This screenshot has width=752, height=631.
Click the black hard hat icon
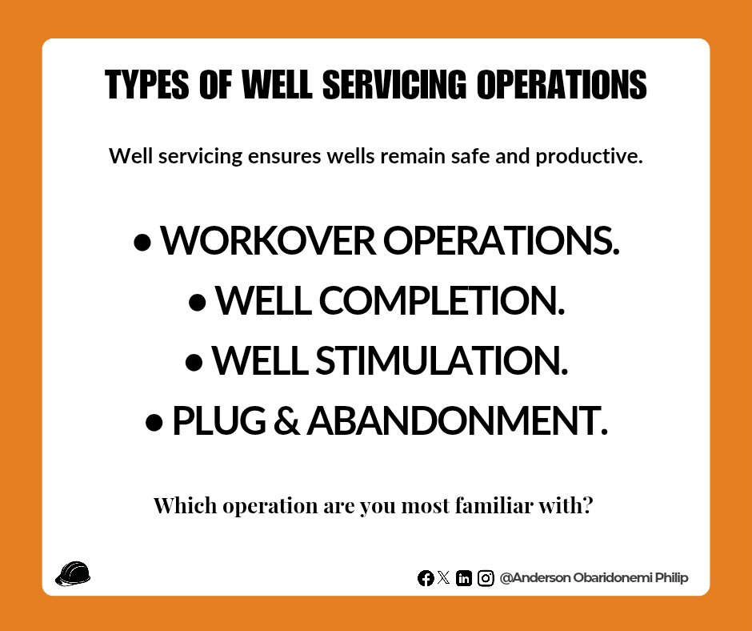73,573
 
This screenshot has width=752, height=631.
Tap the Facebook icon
426,578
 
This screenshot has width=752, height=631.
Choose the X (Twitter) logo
444,577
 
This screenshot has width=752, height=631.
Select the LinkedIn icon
463,578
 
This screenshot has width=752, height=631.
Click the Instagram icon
486,578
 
